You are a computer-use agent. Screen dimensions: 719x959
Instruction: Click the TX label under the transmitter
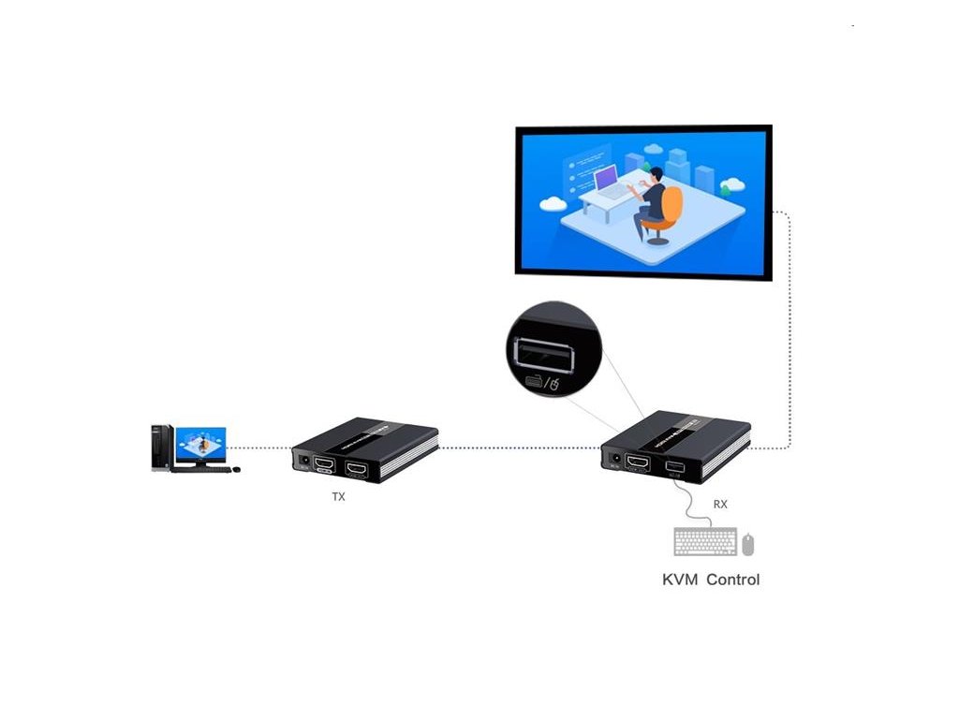(338, 497)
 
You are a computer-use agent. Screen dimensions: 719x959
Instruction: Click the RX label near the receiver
(720, 504)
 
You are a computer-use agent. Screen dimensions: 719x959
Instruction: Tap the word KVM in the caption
(680, 580)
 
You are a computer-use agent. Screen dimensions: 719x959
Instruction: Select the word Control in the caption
(732, 580)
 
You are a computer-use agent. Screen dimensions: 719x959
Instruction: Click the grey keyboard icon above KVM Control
(704, 542)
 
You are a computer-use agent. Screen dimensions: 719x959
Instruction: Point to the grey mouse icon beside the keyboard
(748, 544)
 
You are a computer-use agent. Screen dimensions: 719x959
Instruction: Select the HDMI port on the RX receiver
(639, 462)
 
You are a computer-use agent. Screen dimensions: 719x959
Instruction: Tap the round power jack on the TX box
(304, 460)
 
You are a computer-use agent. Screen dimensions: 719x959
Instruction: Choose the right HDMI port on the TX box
(357, 467)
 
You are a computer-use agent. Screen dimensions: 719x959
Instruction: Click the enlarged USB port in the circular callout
(538, 355)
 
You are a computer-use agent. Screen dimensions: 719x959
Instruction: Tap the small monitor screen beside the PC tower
(200, 445)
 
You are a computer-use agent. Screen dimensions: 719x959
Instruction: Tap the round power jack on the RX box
(615, 460)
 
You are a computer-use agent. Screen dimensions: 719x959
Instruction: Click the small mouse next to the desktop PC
(236, 469)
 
